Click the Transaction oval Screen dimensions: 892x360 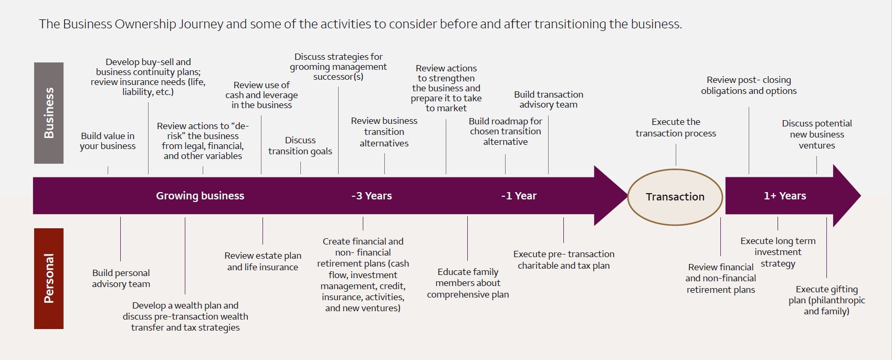coord(675,197)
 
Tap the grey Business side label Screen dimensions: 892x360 coord(49,113)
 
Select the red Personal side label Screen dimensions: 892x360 coord(49,278)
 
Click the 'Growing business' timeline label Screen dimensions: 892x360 coord(200,196)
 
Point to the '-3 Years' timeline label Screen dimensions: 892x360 coord(372,196)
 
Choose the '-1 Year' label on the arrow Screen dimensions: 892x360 coord(519,196)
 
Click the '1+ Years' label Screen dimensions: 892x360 coord(785,196)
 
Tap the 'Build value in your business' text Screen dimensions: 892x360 coord(108,141)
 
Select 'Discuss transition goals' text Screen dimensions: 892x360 coord(300,146)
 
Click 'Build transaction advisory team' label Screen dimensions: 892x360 coord(548,100)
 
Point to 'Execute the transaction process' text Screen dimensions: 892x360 coord(676,128)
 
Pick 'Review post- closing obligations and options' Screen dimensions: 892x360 coord(749,85)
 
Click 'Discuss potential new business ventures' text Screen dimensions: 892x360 coord(817,134)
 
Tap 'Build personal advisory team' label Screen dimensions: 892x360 coord(121,278)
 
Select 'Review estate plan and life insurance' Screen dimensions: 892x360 coord(263,261)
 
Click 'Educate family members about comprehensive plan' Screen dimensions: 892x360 coord(468,283)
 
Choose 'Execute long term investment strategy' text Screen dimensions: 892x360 coord(778,252)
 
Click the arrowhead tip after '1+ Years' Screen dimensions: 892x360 coord(861,196)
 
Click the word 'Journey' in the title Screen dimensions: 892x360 coord(201,24)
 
